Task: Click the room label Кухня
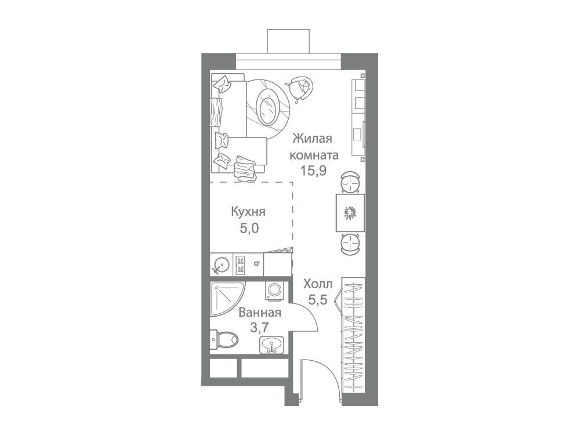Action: coord(248,212)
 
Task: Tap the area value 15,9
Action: coord(313,171)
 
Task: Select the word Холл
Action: coord(318,284)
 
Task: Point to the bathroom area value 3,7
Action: coord(259,328)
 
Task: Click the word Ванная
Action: coord(260,313)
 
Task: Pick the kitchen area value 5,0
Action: coord(249,228)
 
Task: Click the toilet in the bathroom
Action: coord(224,339)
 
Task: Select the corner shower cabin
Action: coord(226,299)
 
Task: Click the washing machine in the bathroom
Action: coord(274,289)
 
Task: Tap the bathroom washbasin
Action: coord(272,345)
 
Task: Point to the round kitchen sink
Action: coord(222,264)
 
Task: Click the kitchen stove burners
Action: coord(240,264)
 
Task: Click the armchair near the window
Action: coord(300,88)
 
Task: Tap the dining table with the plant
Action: coord(350,213)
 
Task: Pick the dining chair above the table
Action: coord(350,182)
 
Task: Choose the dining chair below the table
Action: coord(350,244)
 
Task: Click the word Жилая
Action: coord(313,139)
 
